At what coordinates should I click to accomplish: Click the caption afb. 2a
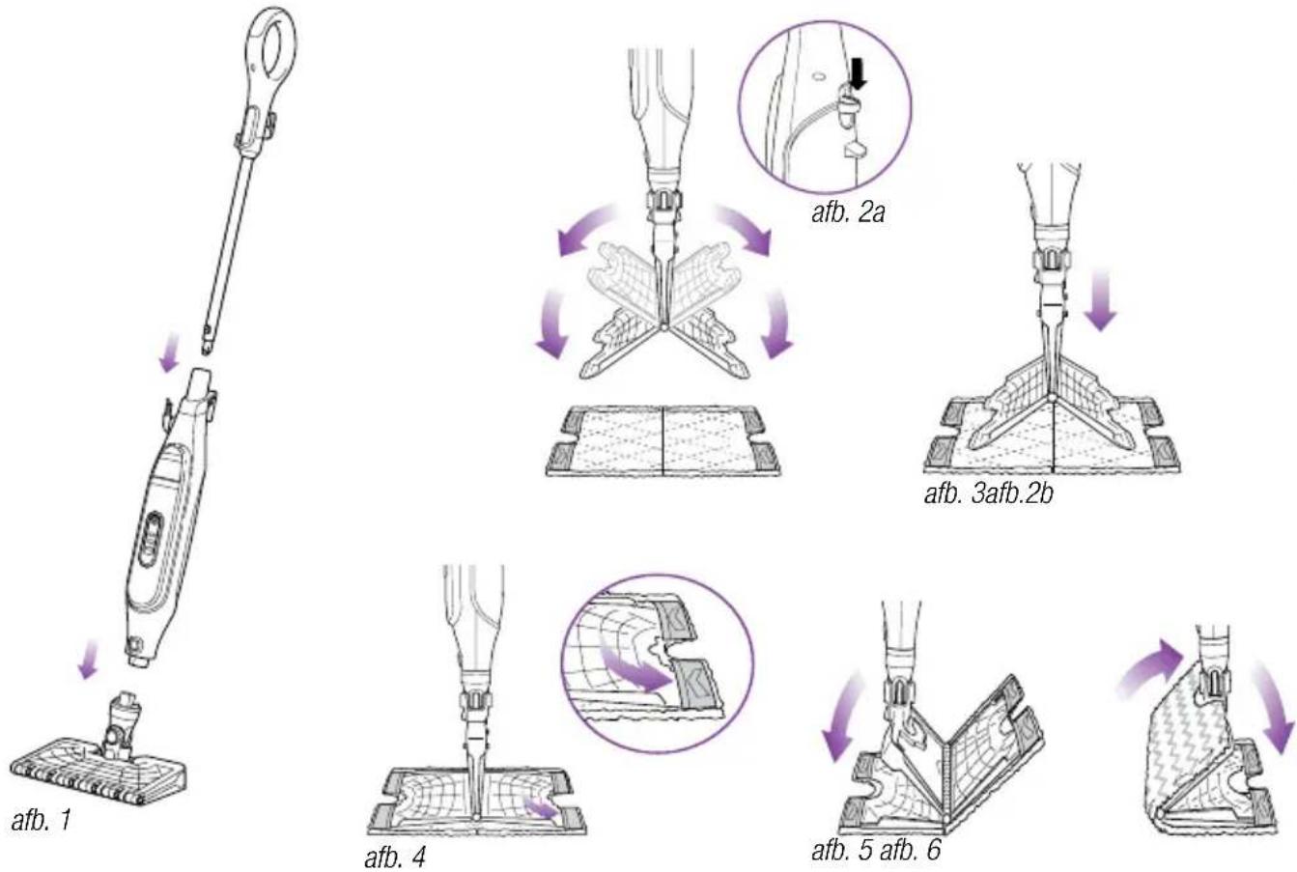point(848,213)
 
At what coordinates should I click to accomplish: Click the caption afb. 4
point(395,857)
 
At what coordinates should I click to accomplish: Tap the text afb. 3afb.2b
point(988,495)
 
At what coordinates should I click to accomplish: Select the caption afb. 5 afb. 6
point(876,850)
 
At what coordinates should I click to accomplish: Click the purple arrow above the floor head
point(89,659)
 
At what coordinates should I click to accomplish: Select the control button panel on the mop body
point(151,540)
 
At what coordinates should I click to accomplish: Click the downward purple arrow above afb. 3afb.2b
point(1100,301)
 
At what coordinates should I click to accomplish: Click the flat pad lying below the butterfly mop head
point(663,441)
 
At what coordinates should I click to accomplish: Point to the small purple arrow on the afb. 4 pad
point(540,807)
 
